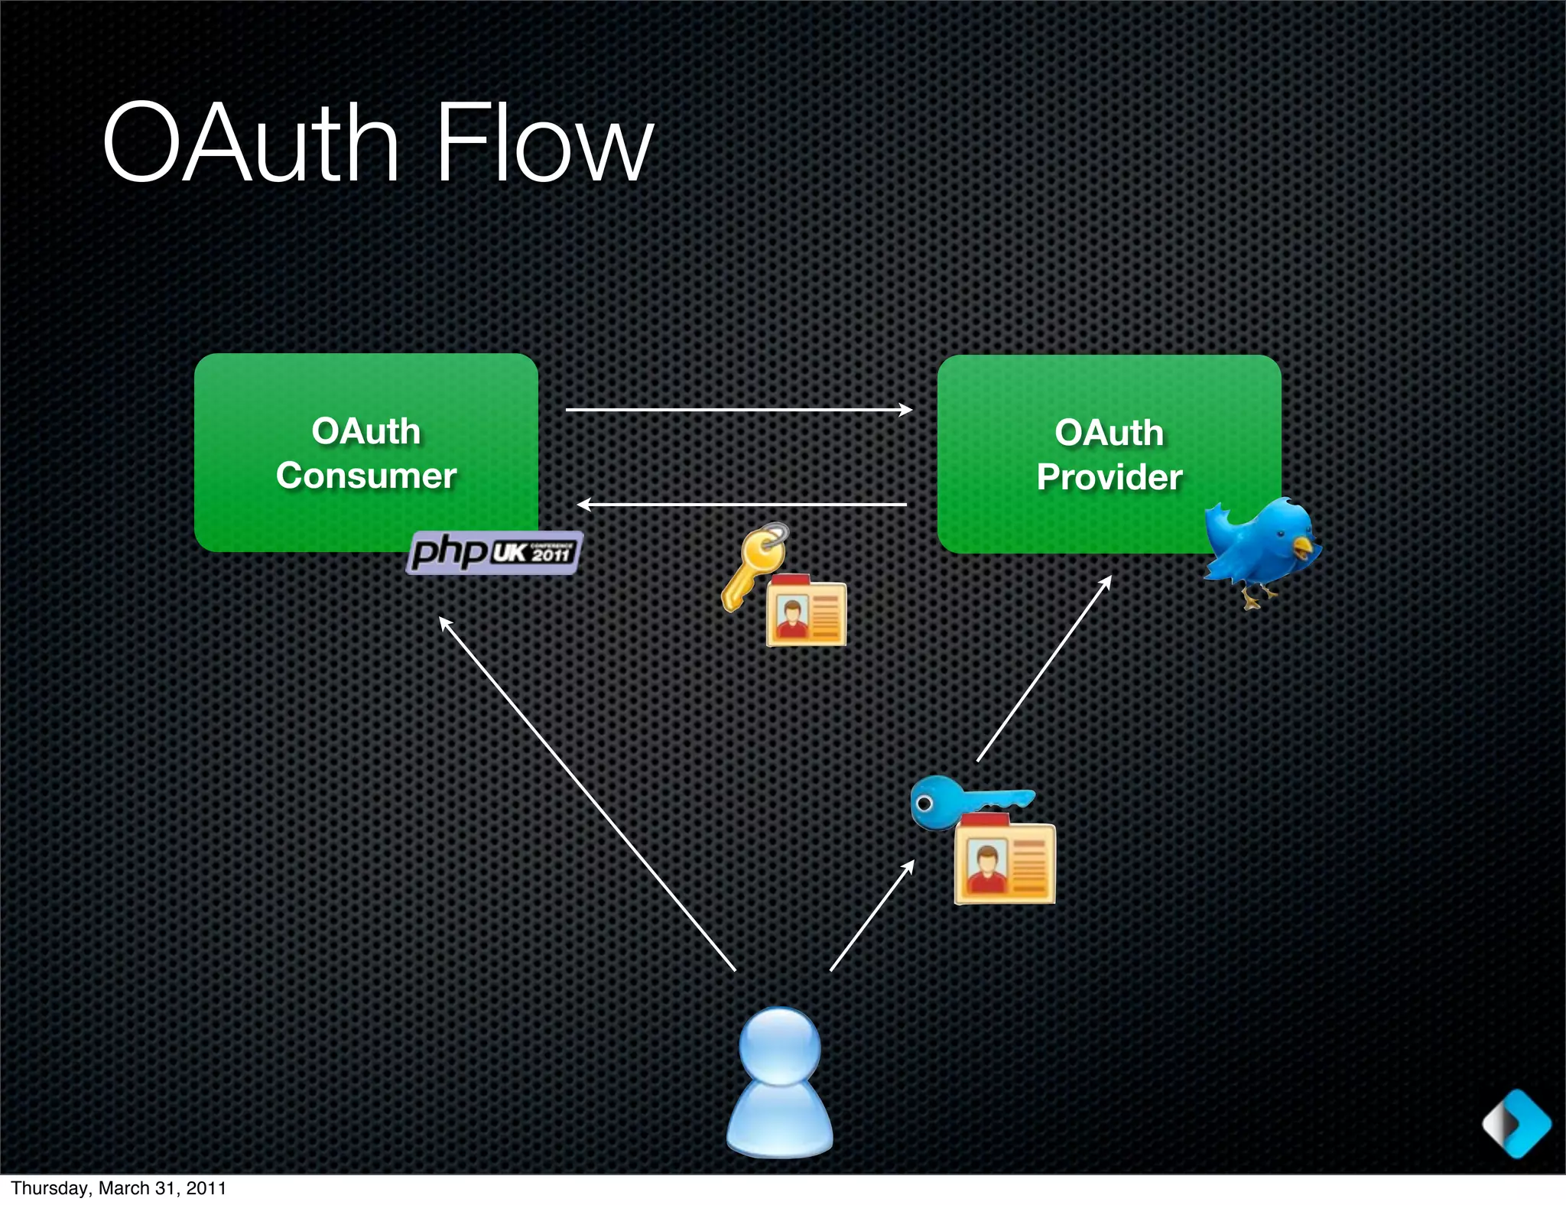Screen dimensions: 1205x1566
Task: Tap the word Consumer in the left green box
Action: coord(366,476)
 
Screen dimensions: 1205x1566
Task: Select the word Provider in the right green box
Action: coord(1110,477)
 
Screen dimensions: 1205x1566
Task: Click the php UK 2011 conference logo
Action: coord(494,551)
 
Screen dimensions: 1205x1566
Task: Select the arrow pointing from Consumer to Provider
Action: coord(738,410)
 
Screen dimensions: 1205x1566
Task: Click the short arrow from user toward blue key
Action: coord(872,916)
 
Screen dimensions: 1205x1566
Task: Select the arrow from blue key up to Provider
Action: coord(1044,668)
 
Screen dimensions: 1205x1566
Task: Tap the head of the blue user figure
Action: coord(780,1045)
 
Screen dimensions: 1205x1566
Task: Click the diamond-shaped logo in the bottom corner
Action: coord(1517,1124)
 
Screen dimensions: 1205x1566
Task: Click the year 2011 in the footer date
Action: coord(206,1188)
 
